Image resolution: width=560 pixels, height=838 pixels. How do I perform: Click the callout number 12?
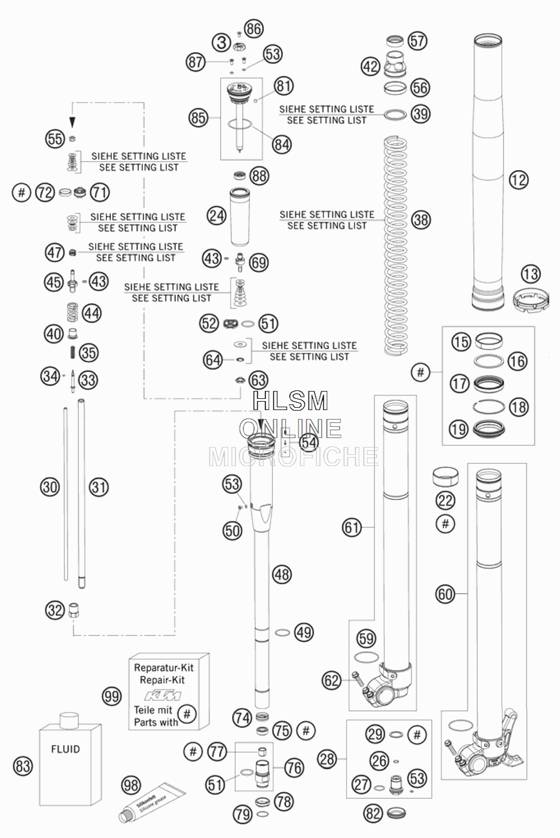pyautogui.click(x=519, y=180)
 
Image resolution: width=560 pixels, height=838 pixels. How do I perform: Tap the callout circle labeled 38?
pyautogui.click(x=421, y=220)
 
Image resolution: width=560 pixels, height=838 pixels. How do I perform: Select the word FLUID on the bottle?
pyautogui.click(x=66, y=749)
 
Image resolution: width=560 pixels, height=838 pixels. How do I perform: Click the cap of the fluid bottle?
pyautogui.click(x=69, y=720)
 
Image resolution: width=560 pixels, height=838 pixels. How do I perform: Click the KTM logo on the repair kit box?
pyautogui.click(x=162, y=696)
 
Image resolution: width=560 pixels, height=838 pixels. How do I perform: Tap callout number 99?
pyautogui.click(x=112, y=697)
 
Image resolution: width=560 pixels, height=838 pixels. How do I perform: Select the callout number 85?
pyautogui.click(x=198, y=118)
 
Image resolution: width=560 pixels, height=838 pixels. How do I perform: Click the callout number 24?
pyautogui.click(x=217, y=216)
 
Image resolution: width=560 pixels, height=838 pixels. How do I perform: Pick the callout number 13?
pyautogui.click(x=530, y=274)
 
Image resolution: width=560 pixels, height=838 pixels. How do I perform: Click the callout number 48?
pyautogui.click(x=282, y=574)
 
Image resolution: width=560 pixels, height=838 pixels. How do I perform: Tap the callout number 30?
pyautogui.click(x=50, y=487)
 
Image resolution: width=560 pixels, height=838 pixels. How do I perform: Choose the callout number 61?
pyautogui.click(x=352, y=528)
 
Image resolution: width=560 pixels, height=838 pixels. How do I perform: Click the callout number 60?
pyautogui.click(x=445, y=594)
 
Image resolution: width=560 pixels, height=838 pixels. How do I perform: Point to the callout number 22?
pyautogui.click(x=445, y=501)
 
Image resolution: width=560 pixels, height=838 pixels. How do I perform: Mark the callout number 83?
pyautogui.click(x=22, y=766)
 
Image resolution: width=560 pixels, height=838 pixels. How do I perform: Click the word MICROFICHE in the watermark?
pyautogui.click(x=293, y=457)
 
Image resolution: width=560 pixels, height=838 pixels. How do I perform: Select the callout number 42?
pyautogui.click(x=370, y=67)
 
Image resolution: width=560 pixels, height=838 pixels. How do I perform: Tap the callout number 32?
pyautogui.click(x=55, y=610)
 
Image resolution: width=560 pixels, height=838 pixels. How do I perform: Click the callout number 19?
pyautogui.click(x=459, y=429)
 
